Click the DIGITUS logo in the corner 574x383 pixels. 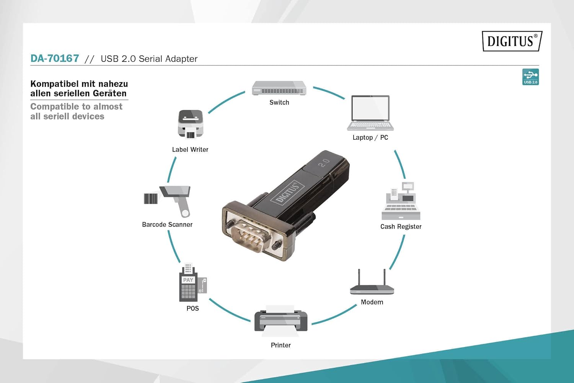tap(512, 41)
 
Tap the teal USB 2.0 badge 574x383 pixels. tap(530, 77)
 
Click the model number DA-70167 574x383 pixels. tap(55, 59)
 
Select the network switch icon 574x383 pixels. tap(279, 88)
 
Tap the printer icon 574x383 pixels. tap(281, 321)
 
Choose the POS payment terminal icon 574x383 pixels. tap(191, 283)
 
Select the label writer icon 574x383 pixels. tap(190, 124)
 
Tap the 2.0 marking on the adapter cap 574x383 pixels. tap(324, 163)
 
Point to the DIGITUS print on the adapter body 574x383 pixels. tap(287, 191)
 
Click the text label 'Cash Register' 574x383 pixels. tap(401, 227)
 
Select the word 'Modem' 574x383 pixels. tap(372, 302)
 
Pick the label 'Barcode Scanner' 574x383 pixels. tap(167, 225)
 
